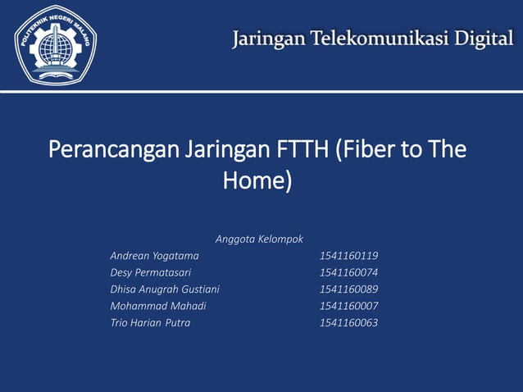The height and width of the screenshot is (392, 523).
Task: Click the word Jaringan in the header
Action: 266,39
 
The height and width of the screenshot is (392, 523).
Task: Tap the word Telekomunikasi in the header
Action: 380,39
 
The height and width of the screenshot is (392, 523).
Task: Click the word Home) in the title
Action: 257,180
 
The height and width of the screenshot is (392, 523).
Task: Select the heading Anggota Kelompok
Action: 259,239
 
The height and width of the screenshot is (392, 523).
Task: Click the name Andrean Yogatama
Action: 154,256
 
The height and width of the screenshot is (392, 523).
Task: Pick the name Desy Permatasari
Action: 151,272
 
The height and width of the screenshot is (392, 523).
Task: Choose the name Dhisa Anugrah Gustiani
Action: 165,289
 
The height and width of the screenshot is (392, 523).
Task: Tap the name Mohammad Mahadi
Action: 158,306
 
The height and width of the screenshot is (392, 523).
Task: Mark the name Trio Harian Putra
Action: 150,322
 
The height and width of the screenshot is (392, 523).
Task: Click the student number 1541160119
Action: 348,256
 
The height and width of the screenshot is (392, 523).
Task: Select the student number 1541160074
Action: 348,272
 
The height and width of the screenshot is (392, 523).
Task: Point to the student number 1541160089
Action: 348,289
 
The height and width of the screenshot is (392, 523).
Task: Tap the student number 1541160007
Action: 348,306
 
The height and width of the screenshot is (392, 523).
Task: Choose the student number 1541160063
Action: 348,322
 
